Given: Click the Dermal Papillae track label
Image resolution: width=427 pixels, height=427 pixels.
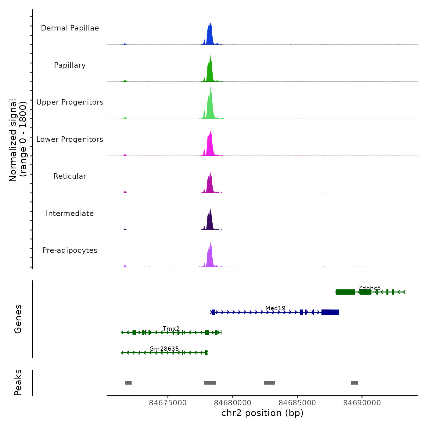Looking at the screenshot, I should click(x=70, y=28).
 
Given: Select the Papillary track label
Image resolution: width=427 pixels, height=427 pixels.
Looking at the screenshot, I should click(x=70, y=65).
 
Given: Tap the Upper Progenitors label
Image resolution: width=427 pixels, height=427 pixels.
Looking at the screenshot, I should click(x=70, y=102).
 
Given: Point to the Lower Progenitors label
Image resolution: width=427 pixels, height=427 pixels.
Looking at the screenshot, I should click(x=70, y=139).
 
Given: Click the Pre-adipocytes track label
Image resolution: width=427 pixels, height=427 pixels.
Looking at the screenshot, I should click(x=70, y=250).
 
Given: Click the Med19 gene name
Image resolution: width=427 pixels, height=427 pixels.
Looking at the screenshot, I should click(x=275, y=308).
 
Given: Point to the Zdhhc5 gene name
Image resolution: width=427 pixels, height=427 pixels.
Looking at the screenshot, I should click(x=369, y=288).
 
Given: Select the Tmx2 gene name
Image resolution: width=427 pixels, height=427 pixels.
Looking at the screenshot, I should click(x=171, y=328).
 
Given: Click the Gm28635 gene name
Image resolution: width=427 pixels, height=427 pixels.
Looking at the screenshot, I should click(x=164, y=349).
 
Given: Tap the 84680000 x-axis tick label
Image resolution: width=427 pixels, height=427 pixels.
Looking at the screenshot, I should click(x=232, y=403).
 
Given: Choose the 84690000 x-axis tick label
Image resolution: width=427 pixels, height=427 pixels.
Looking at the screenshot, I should click(x=362, y=403).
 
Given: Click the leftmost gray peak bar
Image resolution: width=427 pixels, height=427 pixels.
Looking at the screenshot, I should click(x=128, y=383).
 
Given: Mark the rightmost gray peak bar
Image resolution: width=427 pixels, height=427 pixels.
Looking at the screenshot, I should click(x=354, y=383).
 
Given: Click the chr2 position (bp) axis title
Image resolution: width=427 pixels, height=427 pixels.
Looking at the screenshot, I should click(x=262, y=413).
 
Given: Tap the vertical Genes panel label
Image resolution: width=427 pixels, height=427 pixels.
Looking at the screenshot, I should click(x=18, y=319).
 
